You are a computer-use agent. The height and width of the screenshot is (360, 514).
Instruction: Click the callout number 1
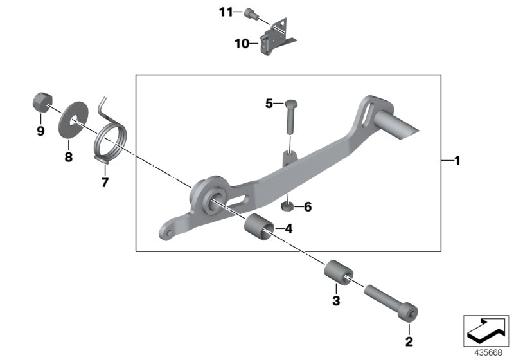[457, 161]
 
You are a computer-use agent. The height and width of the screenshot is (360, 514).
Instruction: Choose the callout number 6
[307, 206]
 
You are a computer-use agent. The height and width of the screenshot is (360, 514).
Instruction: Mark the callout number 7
[105, 182]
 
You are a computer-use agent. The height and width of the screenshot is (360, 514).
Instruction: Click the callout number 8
[69, 156]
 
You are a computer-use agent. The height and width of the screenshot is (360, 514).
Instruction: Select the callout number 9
[40, 131]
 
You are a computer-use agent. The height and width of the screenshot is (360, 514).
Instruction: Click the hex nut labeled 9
[41, 102]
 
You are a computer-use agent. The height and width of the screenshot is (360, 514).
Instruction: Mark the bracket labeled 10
[276, 38]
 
